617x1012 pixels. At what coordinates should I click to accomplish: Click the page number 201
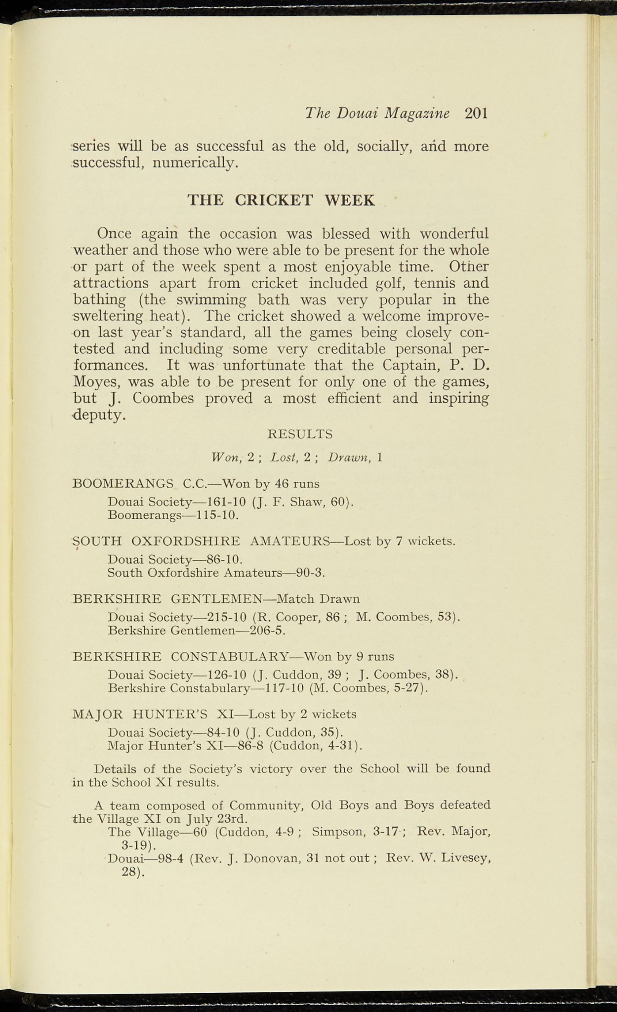[x=476, y=114]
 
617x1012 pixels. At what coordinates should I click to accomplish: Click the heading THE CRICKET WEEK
[x=281, y=200]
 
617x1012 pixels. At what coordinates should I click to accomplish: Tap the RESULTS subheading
[x=299, y=434]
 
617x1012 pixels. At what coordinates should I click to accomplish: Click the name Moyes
[x=97, y=382]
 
